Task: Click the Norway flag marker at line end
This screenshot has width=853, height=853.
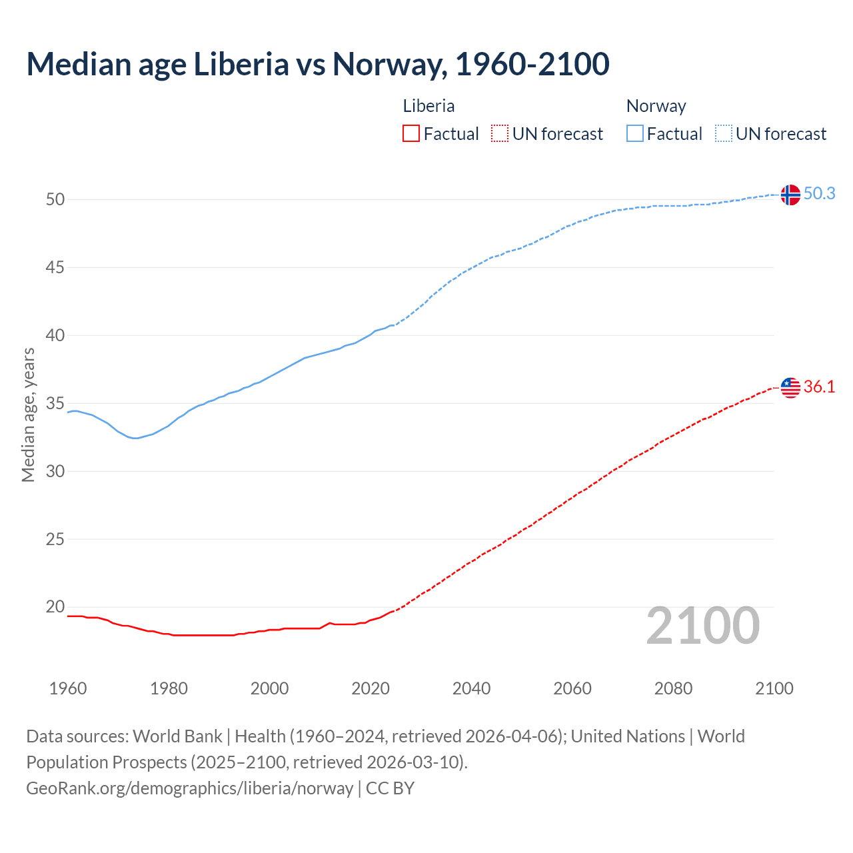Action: [790, 195]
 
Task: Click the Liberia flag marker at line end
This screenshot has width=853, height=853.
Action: [790, 387]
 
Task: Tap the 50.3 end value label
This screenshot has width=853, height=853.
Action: [819, 194]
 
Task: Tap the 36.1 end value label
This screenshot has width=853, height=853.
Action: [819, 387]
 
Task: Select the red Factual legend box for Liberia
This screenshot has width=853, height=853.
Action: [411, 134]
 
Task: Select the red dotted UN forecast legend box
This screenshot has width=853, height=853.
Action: [500, 134]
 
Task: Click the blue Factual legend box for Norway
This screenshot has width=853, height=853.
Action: [635, 134]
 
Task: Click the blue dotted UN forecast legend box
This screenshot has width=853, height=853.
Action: [724, 134]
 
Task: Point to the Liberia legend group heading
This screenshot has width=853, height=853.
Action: [428, 106]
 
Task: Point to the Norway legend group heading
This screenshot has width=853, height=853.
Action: [656, 106]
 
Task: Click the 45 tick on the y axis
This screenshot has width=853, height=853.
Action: [55, 268]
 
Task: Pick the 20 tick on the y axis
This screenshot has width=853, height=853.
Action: [55, 607]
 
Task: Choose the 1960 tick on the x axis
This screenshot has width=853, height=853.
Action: [68, 688]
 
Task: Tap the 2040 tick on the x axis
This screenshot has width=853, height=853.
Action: [471, 688]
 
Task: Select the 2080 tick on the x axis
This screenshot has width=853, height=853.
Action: [673, 688]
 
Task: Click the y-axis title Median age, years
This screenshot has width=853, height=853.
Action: [28, 415]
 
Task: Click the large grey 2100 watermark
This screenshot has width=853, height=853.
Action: [703, 626]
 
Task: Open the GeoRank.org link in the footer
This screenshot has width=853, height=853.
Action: [189, 788]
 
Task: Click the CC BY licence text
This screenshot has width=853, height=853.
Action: [390, 788]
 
